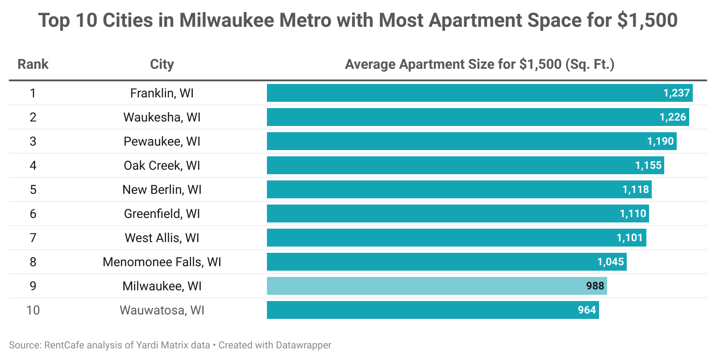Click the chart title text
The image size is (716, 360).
tap(358, 21)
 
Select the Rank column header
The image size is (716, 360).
tap(33, 64)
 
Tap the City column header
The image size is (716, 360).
tap(162, 64)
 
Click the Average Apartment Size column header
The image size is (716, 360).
tap(479, 64)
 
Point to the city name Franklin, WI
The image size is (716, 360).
tap(162, 93)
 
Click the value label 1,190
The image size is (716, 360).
tap(660, 141)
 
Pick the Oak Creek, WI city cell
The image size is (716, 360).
tap(162, 165)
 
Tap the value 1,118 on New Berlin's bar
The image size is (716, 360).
tap(636, 189)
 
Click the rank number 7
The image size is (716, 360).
tap(33, 238)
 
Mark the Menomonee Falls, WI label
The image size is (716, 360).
tap(162, 262)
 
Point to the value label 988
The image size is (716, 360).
tap(595, 286)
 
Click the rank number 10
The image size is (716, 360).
tap(33, 310)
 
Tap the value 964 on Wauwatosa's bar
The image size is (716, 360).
tap(587, 310)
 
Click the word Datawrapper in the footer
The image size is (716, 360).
tap(304, 345)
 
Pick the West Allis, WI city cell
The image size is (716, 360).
tap(162, 238)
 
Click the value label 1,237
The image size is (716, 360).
tap(676, 93)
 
